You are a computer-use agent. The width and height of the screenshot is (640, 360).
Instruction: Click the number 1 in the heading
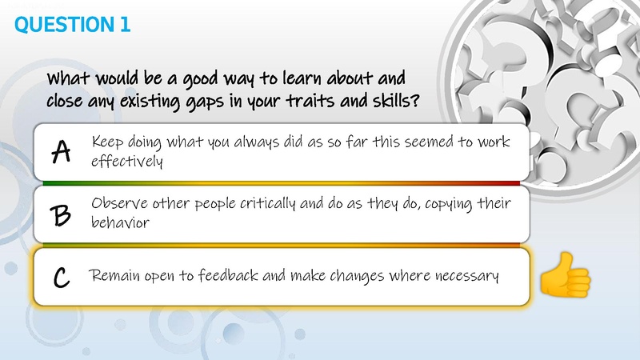pyautogui.click(x=124, y=25)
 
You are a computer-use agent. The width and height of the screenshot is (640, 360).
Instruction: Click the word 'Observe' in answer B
pyautogui.click(x=119, y=203)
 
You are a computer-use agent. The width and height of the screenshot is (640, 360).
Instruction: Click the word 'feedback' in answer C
pyautogui.click(x=214, y=277)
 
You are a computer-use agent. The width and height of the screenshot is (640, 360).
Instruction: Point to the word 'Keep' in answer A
pyautogui.click(x=107, y=142)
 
